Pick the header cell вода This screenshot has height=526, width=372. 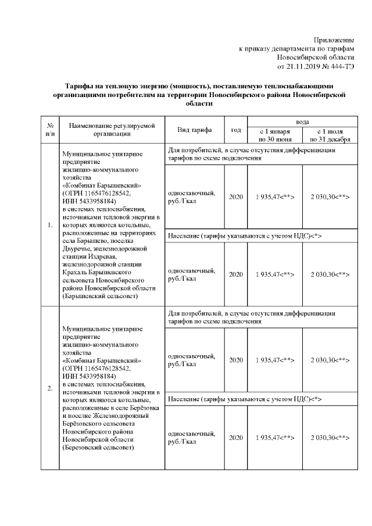(302, 122)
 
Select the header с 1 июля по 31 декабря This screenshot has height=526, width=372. (330, 135)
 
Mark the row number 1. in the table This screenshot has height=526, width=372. (50, 225)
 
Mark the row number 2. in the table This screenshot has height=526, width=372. (50, 387)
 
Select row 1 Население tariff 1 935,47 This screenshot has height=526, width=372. (275, 274)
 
